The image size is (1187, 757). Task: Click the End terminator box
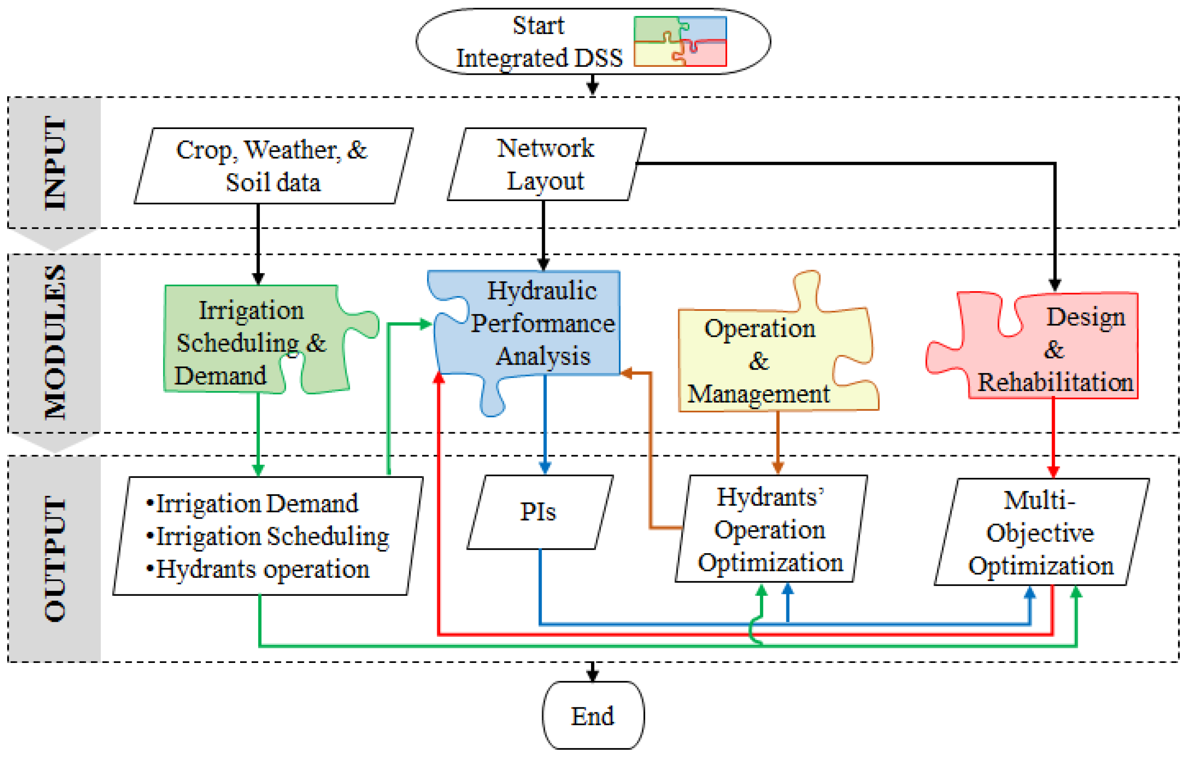[x=593, y=716]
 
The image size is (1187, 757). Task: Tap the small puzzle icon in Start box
[x=680, y=41]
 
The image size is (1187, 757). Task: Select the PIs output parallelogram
[x=540, y=512]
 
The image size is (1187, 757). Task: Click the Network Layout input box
[x=546, y=164]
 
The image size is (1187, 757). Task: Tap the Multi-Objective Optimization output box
[x=1041, y=532]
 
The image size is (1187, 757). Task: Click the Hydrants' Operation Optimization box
[x=770, y=529]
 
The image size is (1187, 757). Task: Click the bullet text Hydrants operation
[x=263, y=569]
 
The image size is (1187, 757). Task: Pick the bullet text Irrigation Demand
[x=257, y=503]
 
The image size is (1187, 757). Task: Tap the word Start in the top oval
[x=538, y=26]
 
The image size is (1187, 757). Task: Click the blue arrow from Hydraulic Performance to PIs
[x=545, y=424]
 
